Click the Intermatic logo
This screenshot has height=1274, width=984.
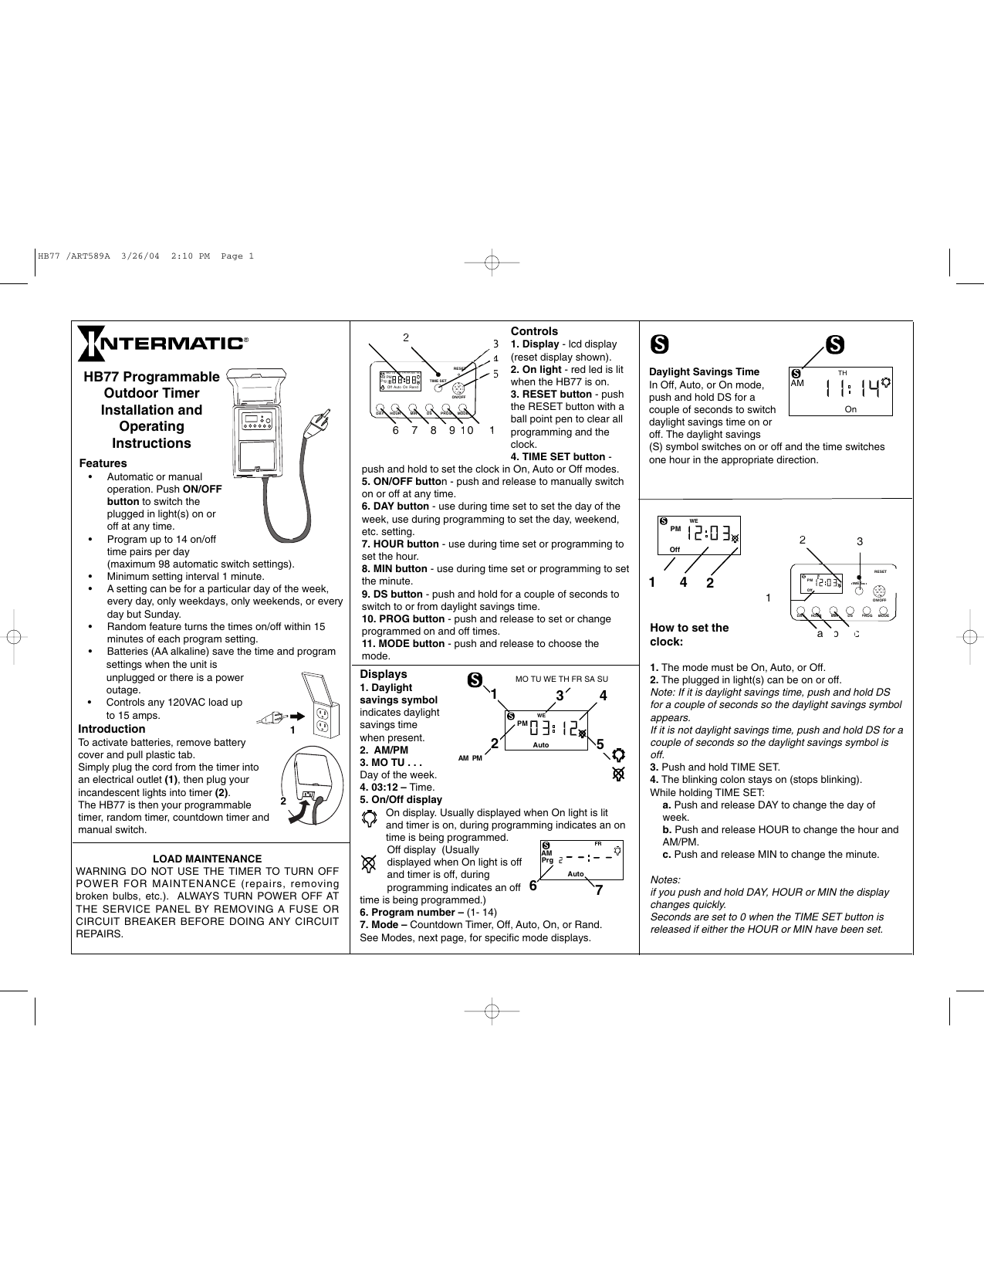162,343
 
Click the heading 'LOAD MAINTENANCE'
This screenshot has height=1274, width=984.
207,859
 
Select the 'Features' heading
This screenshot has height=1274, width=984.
103,463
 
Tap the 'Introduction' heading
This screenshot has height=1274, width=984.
111,729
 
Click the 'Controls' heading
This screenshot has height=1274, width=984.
534,331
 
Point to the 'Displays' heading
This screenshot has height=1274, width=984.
383,674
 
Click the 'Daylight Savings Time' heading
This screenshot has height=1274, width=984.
704,372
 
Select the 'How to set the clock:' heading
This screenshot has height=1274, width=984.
688,635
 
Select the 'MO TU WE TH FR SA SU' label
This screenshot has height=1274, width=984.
561,679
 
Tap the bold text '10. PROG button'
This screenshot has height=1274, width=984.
403,619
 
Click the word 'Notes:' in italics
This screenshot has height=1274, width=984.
665,879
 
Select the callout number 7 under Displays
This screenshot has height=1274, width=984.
599,890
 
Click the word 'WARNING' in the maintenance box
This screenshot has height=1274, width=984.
103,871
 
